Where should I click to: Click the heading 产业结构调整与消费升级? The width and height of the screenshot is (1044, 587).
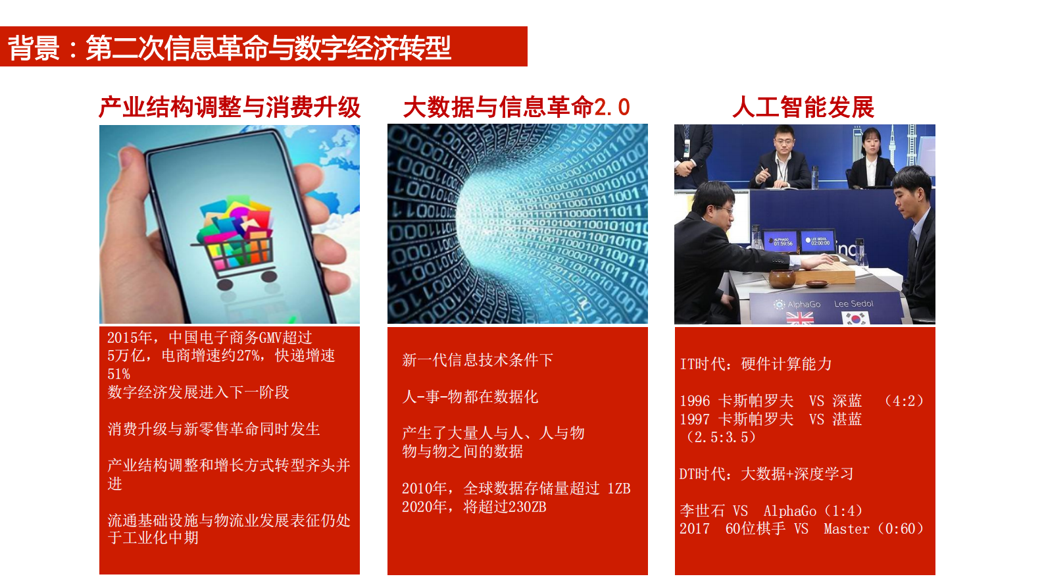pyautogui.click(x=230, y=107)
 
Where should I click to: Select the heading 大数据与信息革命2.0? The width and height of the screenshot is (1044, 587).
pyautogui.click(x=516, y=107)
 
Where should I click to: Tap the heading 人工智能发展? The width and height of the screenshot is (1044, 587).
pyautogui.click(x=803, y=107)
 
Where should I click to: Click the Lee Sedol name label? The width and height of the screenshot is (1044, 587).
pyautogui.click(x=853, y=304)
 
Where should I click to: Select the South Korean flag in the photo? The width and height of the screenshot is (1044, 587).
pyautogui.click(x=855, y=319)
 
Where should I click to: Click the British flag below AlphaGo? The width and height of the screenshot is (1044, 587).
pyautogui.click(x=800, y=319)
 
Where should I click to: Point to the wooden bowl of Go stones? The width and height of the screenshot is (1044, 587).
pyautogui.click(x=782, y=278)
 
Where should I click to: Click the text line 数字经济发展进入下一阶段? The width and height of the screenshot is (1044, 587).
pyautogui.click(x=198, y=392)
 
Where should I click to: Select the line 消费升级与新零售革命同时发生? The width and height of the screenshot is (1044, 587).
pyautogui.click(x=213, y=429)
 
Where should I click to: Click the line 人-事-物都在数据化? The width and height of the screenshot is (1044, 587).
pyautogui.click(x=470, y=397)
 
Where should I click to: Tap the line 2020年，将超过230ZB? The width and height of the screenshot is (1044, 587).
pyautogui.click(x=474, y=507)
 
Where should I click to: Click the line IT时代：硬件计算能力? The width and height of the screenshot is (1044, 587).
pyautogui.click(x=756, y=364)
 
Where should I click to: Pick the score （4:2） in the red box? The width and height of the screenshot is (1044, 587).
pyautogui.click(x=905, y=401)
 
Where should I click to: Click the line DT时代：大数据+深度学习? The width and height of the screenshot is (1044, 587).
pyautogui.click(x=766, y=474)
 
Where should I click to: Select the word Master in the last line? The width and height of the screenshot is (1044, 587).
pyautogui.click(x=846, y=529)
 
